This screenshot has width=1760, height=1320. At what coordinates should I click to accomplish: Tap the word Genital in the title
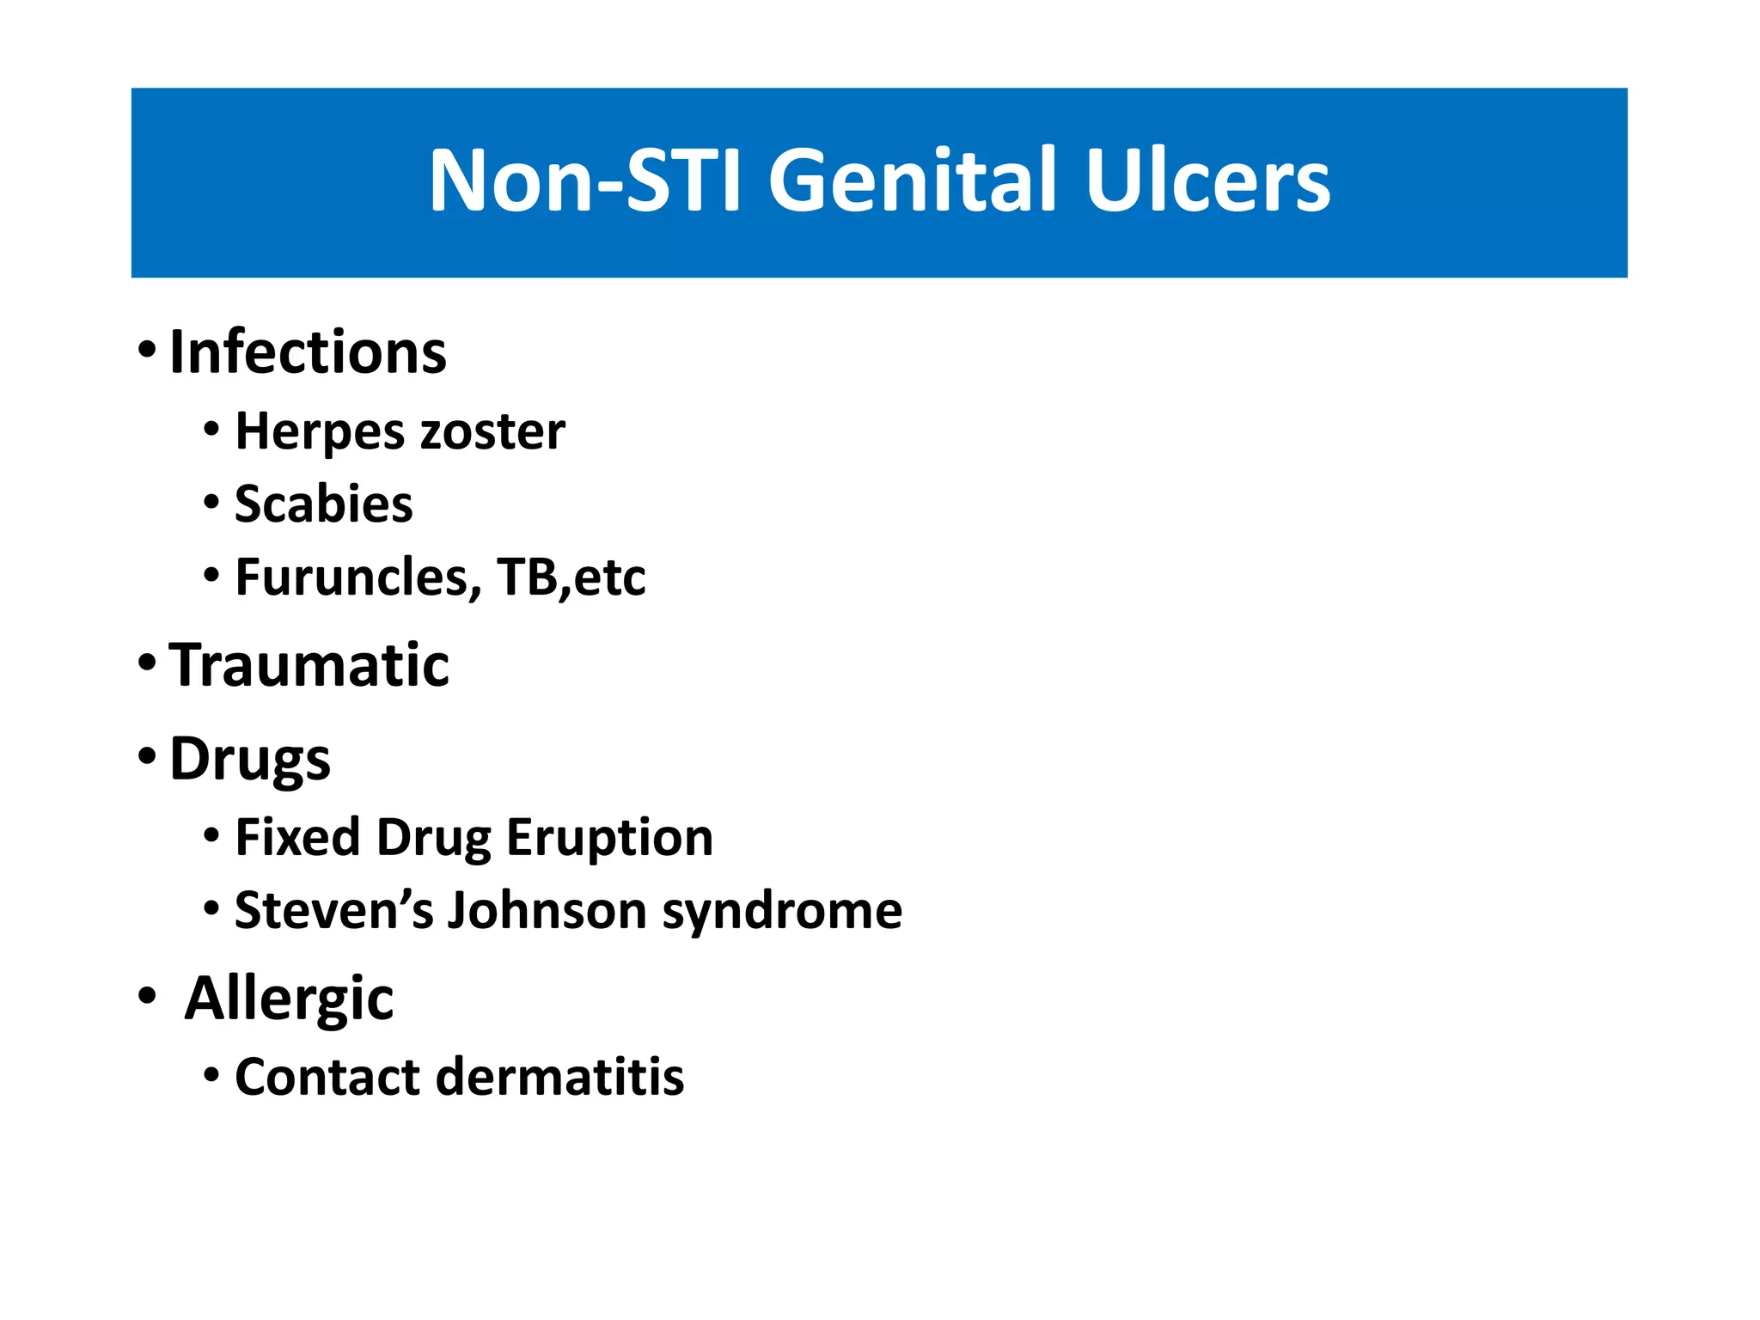[x=911, y=180]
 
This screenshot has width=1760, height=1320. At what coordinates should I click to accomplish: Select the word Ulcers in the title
[x=1207, y=180]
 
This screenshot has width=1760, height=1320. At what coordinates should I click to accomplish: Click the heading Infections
[x=308, y=352]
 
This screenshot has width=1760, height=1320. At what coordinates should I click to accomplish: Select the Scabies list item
[x=323, y=504]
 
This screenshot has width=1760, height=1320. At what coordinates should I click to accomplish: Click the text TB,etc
[x=571, y=577]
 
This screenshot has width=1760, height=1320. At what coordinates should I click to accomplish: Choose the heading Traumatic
[x=309, y=665]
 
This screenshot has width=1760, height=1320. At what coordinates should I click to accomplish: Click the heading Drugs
[x=249, y=759]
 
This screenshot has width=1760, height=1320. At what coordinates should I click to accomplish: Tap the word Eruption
[x=609, y=837]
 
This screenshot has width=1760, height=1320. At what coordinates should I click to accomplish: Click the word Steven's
[x=333, y=910]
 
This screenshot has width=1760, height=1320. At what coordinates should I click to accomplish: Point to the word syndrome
[x=782, y=912]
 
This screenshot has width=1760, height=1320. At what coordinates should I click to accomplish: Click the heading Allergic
[x=289, y=999]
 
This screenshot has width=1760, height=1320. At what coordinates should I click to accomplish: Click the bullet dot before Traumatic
[x=147, y=663]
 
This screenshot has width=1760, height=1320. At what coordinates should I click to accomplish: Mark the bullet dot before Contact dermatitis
[x=211, y=1075]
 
